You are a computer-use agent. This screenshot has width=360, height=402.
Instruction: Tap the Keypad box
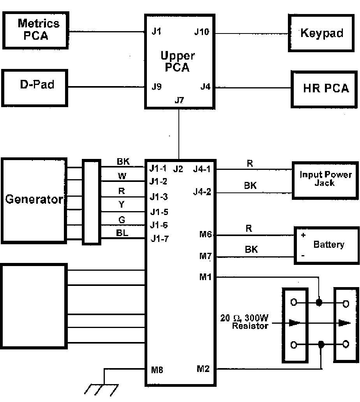tap(321, 33)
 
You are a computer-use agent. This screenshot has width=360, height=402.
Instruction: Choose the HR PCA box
tap(325, 88)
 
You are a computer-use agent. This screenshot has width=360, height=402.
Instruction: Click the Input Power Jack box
tap(325, 179)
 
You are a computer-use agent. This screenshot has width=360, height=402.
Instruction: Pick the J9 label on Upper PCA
tap(157, 87)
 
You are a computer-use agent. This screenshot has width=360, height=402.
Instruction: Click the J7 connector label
tap(179, 100)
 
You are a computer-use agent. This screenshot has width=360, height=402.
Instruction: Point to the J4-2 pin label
tap(201, 192)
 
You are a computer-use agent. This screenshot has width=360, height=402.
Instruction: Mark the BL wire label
tap(122, 234)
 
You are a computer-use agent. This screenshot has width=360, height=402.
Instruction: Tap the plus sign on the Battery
tap(303, 236)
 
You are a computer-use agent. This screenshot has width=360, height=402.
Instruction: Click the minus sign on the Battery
tap(303, 256)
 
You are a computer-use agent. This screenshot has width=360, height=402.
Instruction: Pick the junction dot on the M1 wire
tap(319, 303)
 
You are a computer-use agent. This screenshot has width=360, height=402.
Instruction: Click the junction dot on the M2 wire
tap(321, 344)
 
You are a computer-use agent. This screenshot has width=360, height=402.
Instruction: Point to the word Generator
tap(34, 200)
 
